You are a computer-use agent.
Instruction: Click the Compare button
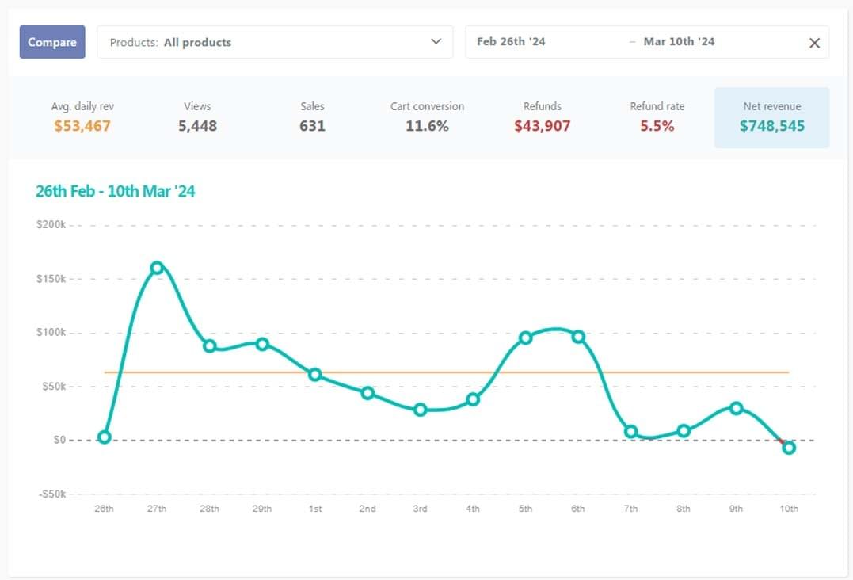[52, 42]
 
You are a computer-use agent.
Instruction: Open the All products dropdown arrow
[436, 42]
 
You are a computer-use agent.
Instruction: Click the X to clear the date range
[814, 43]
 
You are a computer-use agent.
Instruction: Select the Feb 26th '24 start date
[511, 42]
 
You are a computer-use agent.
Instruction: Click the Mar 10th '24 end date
[679, 42]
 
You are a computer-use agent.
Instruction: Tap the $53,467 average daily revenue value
[82, 126]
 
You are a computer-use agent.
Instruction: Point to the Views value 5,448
[197, 126]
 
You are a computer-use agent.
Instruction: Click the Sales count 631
[312, 126]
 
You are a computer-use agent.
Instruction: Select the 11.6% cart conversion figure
[427, 126]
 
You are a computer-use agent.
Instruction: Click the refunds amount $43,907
[542, 126]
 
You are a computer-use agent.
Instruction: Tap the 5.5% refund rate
[657, 126]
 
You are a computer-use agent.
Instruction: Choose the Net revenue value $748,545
[771, 126]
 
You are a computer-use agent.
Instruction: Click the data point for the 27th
[157, 268]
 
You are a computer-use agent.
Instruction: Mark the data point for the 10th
[789, 448]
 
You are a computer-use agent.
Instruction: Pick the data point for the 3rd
[420, 410]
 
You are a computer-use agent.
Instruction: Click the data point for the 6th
[578, 337]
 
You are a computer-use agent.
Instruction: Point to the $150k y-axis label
[51, 279]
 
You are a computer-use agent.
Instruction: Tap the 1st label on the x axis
[314, 509]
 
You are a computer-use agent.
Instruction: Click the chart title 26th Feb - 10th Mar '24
[115, 191]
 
